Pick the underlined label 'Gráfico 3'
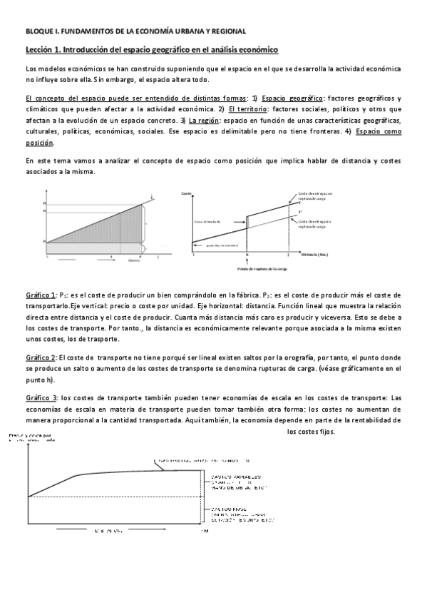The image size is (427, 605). pos(41,397)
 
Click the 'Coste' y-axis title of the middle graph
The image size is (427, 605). pos(186,194)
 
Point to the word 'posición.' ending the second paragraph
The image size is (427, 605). pos(39,143)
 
